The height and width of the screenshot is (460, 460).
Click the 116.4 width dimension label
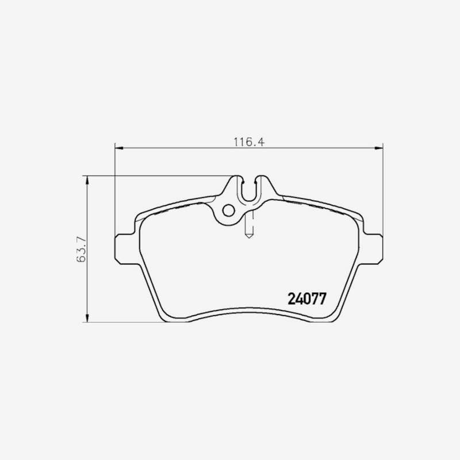tap(249, 142)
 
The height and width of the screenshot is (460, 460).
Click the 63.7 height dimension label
tap(81, 249)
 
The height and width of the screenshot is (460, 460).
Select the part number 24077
tap(307, 299)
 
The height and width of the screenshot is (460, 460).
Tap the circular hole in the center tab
tap(228, 210)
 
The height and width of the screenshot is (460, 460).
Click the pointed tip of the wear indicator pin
tap(249, 237)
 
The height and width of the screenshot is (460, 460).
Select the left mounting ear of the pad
tap(125, 250)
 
